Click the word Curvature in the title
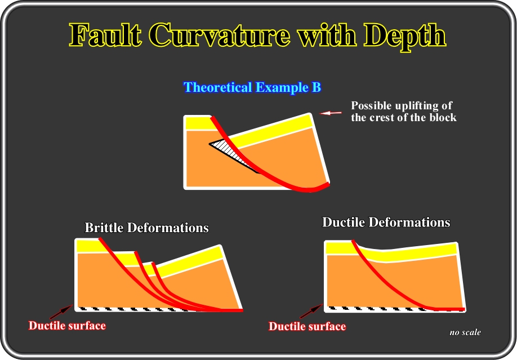coord(221,35)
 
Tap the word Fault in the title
coord(105,35)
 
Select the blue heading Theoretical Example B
coord(252,87)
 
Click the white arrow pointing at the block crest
coord(331,113)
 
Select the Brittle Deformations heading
coord(147,228)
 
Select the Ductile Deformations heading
coord(386,222)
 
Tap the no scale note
coord(465,332)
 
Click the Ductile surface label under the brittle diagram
coord(67,326)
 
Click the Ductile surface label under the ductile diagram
coord(307,326)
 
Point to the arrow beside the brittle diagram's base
coord(61,312)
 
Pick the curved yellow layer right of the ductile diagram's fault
coord(409,254)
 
